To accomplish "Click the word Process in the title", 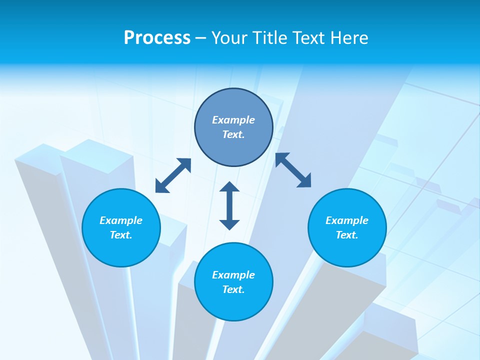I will pyautogui.click(x=157, y=38).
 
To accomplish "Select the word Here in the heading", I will pyautogui.click(x=349, y=38).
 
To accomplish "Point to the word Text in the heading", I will pyautogui.click(x=310, y=38).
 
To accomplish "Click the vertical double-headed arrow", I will pyautogui.click(x=229, y=206).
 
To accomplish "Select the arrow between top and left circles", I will pyautogui.click(x=173, y=175).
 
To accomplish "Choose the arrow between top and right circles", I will pyautogui.click(x=293, y=170).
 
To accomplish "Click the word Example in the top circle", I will pyautogui.click(x=233, y=120).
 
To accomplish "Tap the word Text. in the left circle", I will pyautogui.click(x=121, y=235).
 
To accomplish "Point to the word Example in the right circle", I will pyautogui.click(x=347, y=220).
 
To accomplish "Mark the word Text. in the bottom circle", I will pyautogui.click(x=233, y=289).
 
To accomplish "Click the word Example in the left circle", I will pyautogui.click(x=121, y=220).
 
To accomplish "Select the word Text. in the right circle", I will pyautogui.click(x=347, y=235).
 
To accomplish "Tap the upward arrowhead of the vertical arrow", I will pyautogui.click(x=229, y=187).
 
